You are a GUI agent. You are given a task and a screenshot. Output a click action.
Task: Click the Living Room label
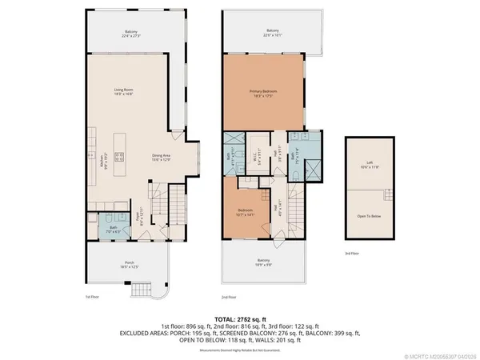click(122, 92)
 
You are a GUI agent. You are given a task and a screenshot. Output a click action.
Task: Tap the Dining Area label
click(163, 158)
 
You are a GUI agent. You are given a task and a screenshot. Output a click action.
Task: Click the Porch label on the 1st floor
click(129, 264)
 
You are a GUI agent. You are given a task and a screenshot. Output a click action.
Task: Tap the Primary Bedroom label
click(263, 94)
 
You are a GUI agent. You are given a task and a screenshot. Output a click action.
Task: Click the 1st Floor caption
click(92, 297)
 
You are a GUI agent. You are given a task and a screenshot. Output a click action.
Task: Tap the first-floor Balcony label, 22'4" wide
click(130, 34)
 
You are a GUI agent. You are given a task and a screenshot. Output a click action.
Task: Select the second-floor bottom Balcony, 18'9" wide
click(263, 262)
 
